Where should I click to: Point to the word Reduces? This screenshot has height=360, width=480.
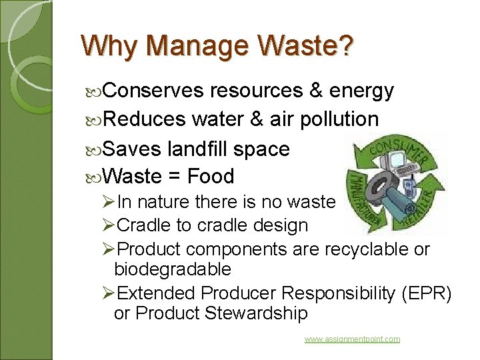point(145,119)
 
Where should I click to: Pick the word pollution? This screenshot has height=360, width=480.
point(339,119)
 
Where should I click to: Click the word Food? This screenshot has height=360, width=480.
point(211,177)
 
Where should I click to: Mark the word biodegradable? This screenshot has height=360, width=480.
point(173,269)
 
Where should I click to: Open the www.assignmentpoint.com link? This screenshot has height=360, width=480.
point(352,339)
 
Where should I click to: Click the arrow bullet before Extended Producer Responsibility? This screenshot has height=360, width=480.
point(109,293)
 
